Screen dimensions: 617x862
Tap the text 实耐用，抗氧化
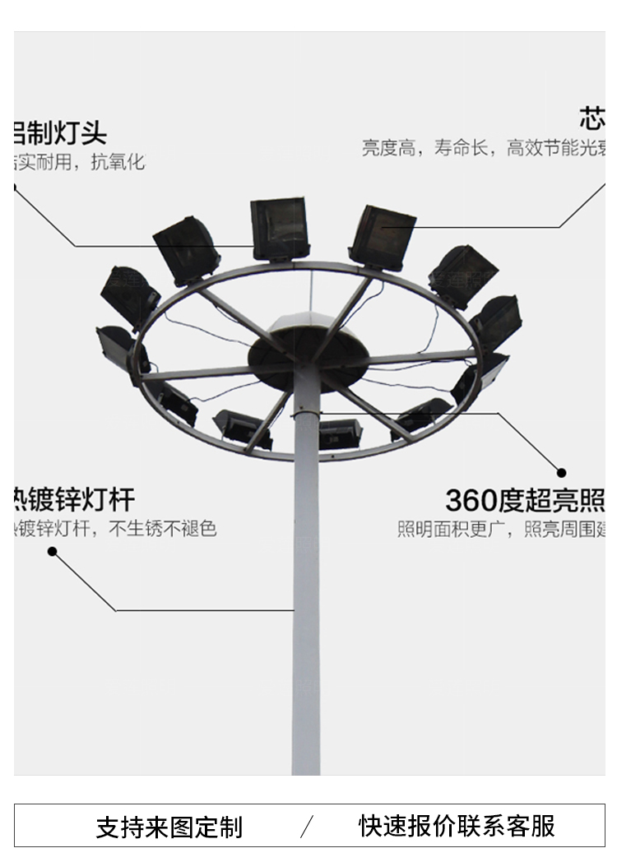[79, 162]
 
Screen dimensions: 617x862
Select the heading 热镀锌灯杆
[74, 499]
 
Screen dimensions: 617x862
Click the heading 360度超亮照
[525, 499]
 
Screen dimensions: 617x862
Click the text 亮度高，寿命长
[427, 148]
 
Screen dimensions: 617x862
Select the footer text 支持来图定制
[169, 827]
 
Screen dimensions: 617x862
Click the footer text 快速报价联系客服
[457, 825]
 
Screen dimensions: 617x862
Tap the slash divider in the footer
[307, 826]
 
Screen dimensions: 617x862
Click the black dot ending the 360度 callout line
[562, 473]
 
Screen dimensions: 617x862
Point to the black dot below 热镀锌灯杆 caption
[52, 551]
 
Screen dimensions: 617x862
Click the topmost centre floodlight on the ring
[279, 228]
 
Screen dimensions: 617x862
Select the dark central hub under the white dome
[305, 359]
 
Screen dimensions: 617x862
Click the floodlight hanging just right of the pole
[340, 432]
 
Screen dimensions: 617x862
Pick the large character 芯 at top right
[591, 119]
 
